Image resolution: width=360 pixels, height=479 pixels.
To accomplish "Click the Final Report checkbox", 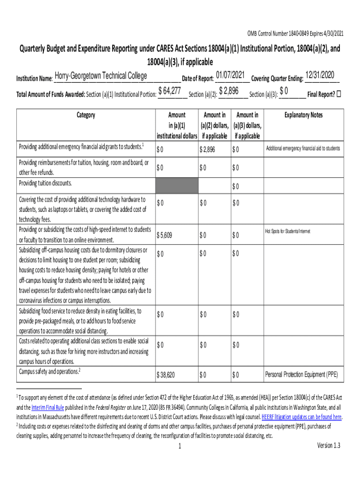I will (x=339, y=94).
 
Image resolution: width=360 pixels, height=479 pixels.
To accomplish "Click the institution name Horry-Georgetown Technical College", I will (x=101, y=76).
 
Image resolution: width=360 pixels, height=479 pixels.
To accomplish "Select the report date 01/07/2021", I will (x=230, y=75).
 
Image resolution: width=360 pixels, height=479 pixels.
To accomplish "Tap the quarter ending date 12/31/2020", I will (x=322, y=75).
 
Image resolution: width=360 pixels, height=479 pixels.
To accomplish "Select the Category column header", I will (x=86, y=115).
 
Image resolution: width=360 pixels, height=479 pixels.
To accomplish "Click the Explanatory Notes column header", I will (x=303, y=115).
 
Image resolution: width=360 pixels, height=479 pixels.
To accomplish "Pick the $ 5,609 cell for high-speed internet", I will (x=165, y=235).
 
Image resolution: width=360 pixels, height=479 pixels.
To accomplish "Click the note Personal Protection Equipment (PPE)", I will (x=301, y=374).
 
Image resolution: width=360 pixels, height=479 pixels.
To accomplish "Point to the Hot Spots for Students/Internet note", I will (x=288, y=231).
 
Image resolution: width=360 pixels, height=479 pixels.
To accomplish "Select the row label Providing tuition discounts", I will (x=45, y=183).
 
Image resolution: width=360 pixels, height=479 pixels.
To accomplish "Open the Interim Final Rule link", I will (x=48, y=407).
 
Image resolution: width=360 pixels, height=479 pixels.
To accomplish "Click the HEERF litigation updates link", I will (x=302, y=417).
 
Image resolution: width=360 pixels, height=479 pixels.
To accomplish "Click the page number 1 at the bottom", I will (x=180, y=446).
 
